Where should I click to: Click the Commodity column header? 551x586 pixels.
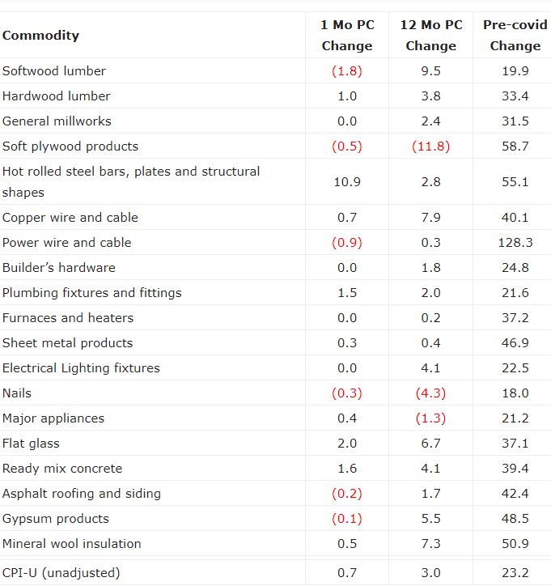(x=40, y=36)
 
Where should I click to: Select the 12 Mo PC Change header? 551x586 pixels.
(x=431, y=36)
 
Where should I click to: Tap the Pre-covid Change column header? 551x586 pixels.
(x=515, y=36)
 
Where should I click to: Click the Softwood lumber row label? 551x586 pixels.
(x=53, y=71)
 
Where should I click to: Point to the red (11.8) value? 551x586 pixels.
(x=431, y=146)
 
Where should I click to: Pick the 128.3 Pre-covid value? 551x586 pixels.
(x=515, y=243)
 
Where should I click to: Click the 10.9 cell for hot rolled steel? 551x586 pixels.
(x=347, y=182)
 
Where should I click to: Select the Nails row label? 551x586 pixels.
(x=17, y=393)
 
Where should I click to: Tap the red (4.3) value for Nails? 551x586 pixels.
(x=431, y=393)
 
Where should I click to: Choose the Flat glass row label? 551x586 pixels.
(x=31, y=444)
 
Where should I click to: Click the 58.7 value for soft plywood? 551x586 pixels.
(x=515, y=146)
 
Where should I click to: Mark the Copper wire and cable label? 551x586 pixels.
(x=70, y=218)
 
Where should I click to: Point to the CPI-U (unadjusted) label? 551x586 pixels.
(x=61, y=573)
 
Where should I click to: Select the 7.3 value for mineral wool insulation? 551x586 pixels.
(x=431, y=544)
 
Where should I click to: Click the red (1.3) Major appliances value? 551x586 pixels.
(x=431, y=418)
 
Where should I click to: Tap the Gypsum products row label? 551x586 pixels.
(x=56, y=519)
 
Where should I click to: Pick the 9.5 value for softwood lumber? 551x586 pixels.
(x=431, y=71)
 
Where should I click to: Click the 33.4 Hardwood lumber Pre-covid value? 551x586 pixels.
(x=515, y=96)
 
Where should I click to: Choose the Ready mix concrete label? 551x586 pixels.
(x=62, y=469)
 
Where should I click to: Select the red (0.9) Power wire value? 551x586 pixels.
(x=347, y=243)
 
